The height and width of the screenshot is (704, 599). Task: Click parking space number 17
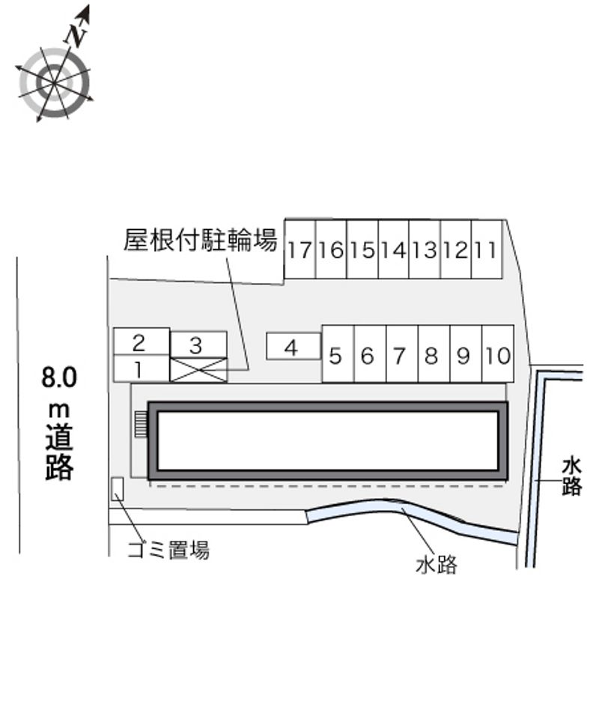tap(299, 249)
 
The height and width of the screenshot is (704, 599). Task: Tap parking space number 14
tap(393, 249)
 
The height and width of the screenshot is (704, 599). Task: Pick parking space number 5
tap(337, 356)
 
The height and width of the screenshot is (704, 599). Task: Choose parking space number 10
tap(498, 356)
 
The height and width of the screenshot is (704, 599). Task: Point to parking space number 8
tap(433, 356)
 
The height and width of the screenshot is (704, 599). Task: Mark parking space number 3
tap(198, 345)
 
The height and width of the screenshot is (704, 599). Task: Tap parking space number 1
tap(140, 368)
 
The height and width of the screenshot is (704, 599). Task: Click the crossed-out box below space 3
tap(198, 369)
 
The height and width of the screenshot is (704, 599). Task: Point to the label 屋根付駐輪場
tap(201, 241)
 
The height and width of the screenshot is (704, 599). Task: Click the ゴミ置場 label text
tap(168, 550)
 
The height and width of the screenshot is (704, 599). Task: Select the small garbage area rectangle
tap(117, 489)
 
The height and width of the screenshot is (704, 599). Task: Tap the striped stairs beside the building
tap(141, 423)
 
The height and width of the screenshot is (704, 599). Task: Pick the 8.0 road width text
tap(58, 377)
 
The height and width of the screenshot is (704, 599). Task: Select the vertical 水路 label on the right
tap(571, 477)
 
